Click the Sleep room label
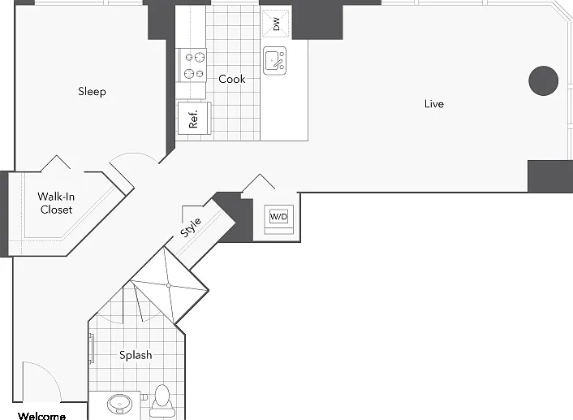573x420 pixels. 92,91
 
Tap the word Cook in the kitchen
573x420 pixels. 231,79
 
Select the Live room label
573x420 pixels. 434,104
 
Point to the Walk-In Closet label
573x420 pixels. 56,203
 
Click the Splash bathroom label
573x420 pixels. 136,355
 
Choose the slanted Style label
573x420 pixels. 191,227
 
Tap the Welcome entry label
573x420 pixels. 41,416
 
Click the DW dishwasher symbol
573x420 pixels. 276,24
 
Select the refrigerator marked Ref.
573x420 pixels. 194,119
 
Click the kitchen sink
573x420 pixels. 275,61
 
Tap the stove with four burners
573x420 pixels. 192,65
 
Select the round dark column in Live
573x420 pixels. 544,81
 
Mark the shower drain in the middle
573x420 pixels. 169,285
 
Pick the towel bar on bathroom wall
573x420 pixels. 92,348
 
